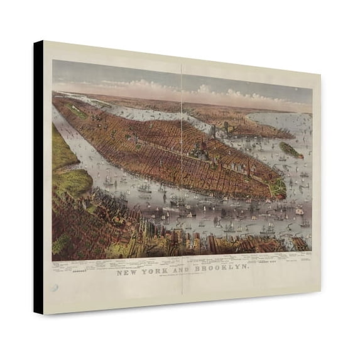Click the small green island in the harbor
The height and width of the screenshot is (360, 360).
click(290, 150)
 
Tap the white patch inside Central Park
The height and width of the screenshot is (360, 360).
click(76, 111)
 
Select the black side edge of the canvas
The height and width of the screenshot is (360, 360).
click(38, 176)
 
